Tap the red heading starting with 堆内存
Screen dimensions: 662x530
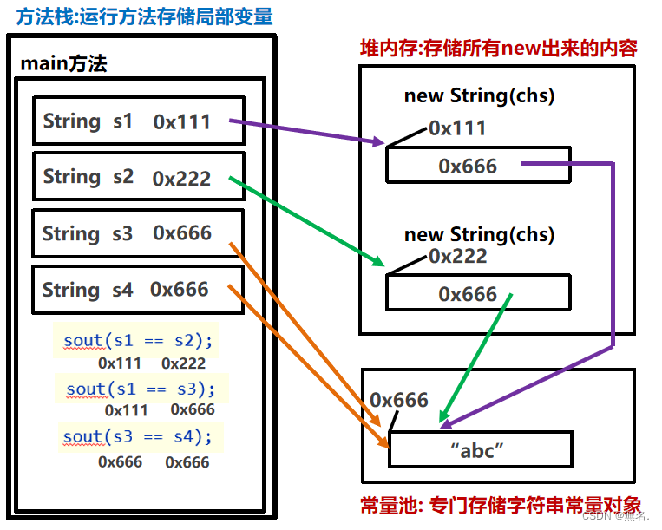point(499,48)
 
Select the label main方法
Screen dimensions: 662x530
point(63,63)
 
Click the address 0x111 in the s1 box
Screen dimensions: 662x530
point(181,122)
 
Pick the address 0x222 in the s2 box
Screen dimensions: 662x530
point(181,179)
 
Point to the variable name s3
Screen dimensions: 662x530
point(122,233)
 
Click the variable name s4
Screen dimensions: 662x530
point(122,290)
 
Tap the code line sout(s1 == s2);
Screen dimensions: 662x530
point(138,341)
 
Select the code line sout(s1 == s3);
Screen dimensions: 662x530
point(141,389)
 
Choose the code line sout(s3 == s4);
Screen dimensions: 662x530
point(137,436)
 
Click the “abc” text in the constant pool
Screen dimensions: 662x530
point(477,450)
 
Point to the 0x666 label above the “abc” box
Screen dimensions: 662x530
point(399,400)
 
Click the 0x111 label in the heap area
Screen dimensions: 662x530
point(457,128)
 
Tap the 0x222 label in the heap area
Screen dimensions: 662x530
point(458,256)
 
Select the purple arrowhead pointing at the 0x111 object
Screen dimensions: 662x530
point(378,141)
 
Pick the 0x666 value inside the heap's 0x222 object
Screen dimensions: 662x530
point(468,294)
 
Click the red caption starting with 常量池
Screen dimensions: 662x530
point(501,505)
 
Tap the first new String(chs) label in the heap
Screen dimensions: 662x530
point(479,95)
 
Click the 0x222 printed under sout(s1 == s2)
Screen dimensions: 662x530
point(184,363)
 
